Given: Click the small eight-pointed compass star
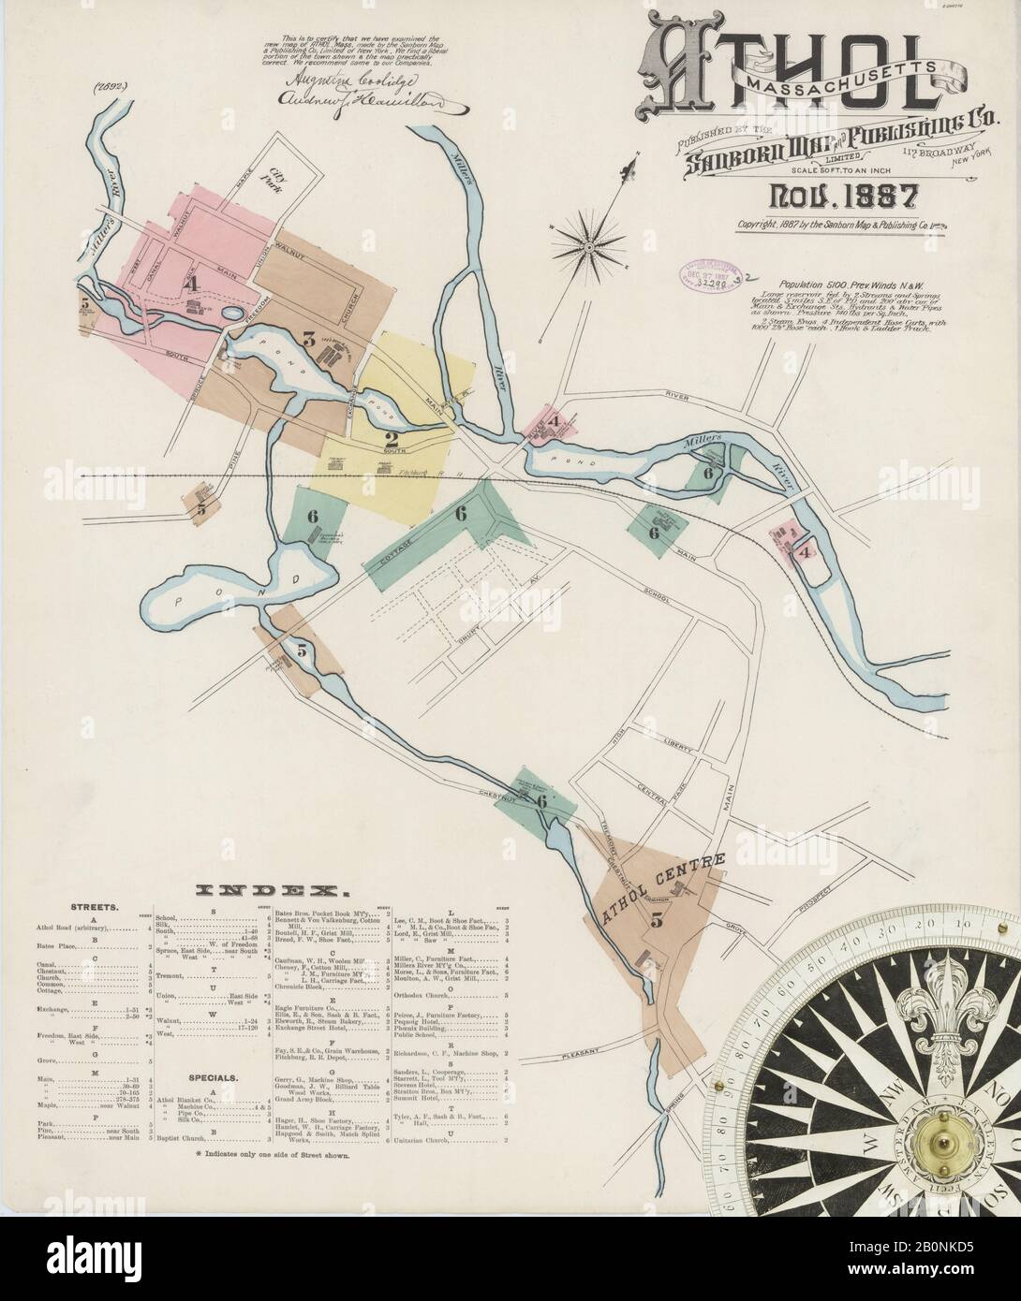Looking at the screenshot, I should tap(590, 246).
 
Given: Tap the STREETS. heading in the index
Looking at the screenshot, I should tap(93, 908).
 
